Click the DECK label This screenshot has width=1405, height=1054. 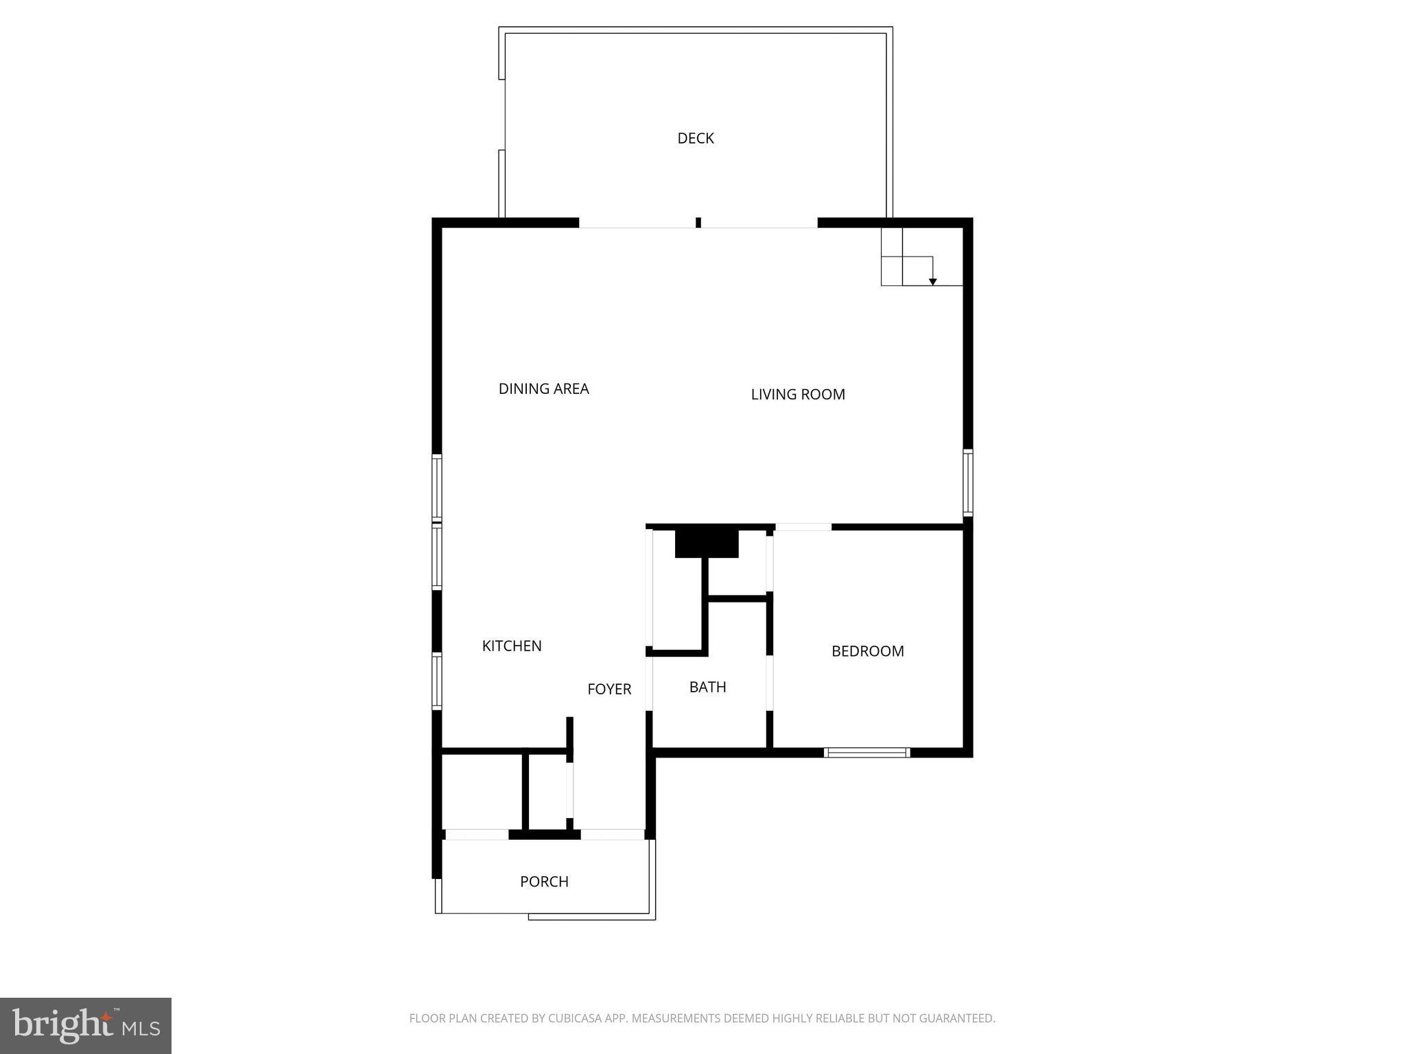pos(695,139)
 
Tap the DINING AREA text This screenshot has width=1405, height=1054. pos(543,389)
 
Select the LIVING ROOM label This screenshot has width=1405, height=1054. pos(797,395)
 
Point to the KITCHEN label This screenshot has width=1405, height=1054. pos(512,646)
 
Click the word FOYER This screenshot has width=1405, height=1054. pos(609,689)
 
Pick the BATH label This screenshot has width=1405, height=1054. pos(707,687)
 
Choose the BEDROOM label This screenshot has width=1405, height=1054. pos(867,651)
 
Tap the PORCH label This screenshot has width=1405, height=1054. pos(544,882)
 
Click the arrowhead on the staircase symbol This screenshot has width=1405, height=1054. pos(932,282)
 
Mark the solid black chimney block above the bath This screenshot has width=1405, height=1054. pos(707,543)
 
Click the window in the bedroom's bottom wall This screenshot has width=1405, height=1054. pos(866,753)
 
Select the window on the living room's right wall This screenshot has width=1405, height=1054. pos(967,482)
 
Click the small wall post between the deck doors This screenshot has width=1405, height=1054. pos(698,222)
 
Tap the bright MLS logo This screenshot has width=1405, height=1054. pos(86,1025)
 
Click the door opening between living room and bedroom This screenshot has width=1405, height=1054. pos(803,527)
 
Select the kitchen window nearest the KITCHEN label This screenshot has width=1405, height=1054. pos(436,680)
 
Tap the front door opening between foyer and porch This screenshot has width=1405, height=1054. pos(612,834)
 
